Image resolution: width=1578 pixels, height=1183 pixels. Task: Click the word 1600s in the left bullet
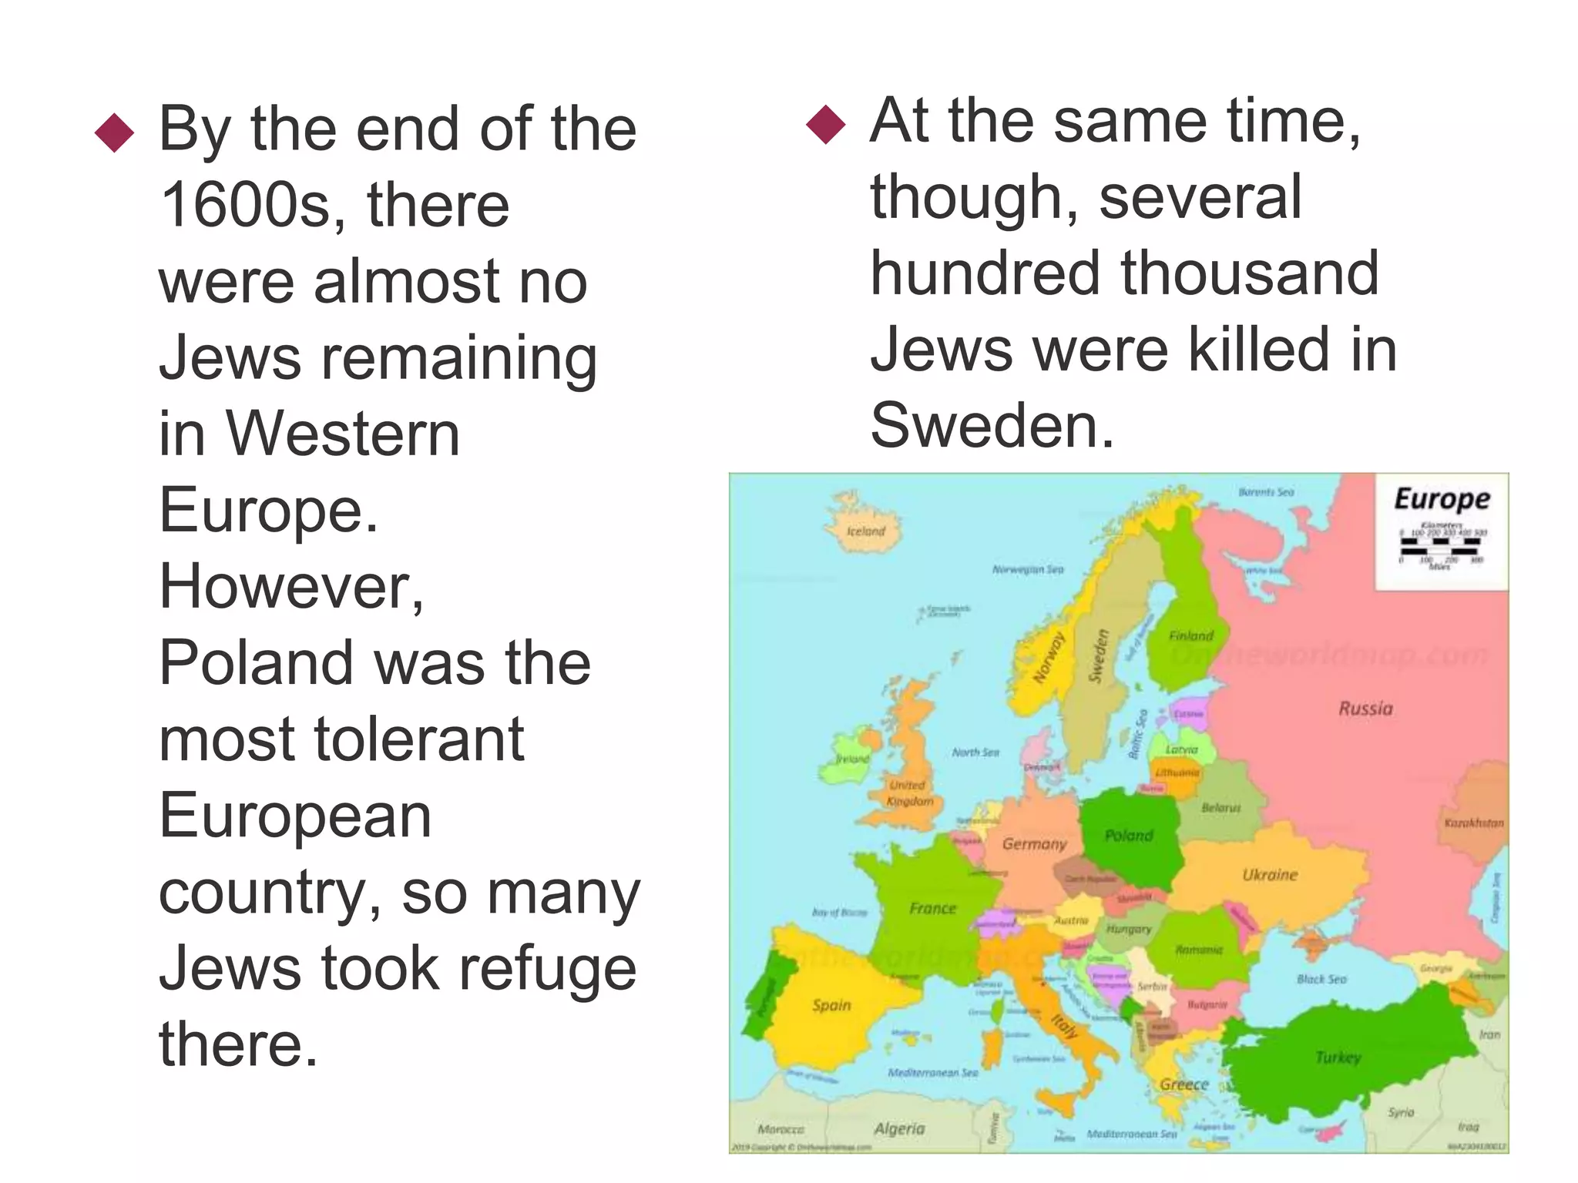tap(246, 205)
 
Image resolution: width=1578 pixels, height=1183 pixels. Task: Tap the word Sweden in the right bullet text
tap(992, 425)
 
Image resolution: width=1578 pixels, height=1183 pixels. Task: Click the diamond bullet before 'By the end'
tap(114, 132)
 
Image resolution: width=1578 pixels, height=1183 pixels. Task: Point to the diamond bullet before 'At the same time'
tap(825, 125)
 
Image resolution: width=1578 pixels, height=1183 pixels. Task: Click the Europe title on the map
tap(1442, 499)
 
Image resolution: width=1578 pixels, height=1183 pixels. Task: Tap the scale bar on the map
tap(1440, 546)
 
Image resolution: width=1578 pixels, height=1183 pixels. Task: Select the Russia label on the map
tap(1365, 709)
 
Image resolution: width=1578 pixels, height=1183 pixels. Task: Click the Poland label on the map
tap(1129, 836)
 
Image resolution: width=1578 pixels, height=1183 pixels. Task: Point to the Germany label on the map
tap(1034, 844)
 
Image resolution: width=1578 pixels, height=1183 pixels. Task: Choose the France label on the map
tap(932, 909)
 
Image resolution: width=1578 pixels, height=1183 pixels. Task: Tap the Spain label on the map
tap(831, 1005)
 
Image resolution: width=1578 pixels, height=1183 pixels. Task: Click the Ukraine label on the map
tap(1270, 875)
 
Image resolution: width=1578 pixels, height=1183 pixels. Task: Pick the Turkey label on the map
tap(1338, 1057)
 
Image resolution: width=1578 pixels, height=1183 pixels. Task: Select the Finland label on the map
tap(1190, 635)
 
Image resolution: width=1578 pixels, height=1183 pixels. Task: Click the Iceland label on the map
tap(866, 531)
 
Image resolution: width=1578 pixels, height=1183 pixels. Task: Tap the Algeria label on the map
tap(899, 1128)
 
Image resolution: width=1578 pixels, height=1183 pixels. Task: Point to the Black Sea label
tap(1321, 979)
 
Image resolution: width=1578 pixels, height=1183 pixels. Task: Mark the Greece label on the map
tap(1184, 1084)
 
